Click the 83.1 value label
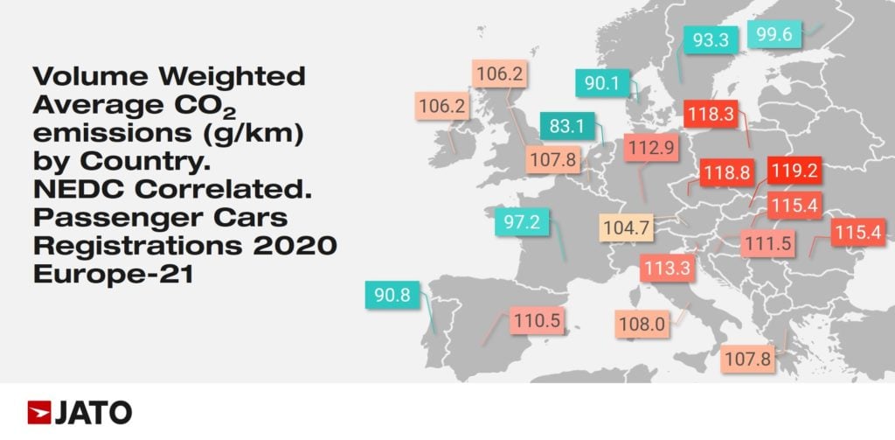click(566, 126)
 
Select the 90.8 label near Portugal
click(392, 296)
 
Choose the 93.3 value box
click(711, 39)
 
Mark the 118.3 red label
click(710, 114)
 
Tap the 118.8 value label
click(725, 172)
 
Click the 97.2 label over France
click(522, 222)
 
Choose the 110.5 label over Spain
click(536, 320)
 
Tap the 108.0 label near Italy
click(642, 325)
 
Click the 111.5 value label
click(768, 243)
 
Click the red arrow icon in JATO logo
click(39, 411)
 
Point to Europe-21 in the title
click(113, 274)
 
